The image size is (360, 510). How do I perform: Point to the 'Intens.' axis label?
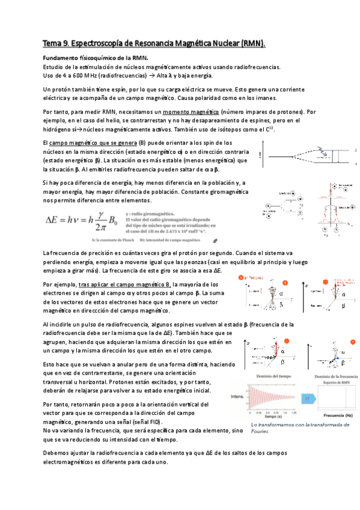tap(237, 397)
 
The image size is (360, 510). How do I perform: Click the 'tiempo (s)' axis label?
tap(270, 416)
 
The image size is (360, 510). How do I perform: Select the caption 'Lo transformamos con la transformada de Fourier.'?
tap(291, 428)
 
